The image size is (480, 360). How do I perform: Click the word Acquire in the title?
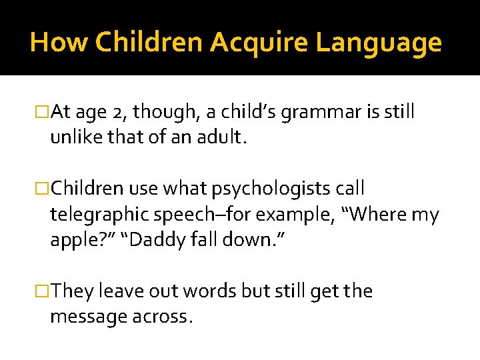259,43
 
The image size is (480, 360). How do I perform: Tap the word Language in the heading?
379,43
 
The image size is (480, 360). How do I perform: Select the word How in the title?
59,43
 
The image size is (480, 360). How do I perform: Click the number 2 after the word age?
119,113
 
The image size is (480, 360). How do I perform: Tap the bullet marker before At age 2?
43,113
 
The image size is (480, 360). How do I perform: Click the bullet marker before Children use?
43,189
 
